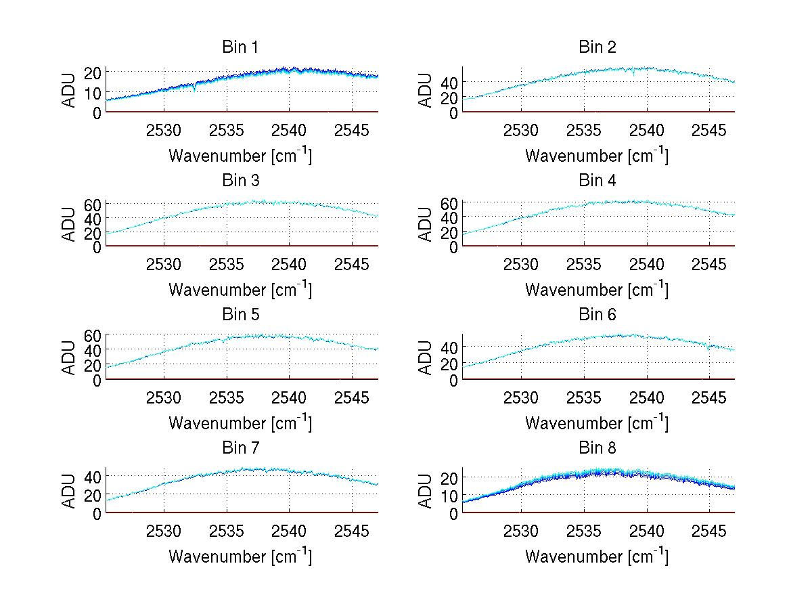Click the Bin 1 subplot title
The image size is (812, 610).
click(240, 47)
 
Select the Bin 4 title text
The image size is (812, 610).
click(597, 181)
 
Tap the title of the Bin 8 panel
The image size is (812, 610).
click(597, 448)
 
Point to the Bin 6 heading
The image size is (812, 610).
click(597, 315)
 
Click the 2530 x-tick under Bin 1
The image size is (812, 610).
click(164, 130)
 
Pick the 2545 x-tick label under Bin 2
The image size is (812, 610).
click(709, 130)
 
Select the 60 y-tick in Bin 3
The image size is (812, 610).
click(93, 204)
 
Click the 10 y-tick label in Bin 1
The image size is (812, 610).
click(93, 92)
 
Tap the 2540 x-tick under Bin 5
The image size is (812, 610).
click(290, 397)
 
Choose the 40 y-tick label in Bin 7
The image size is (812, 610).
click(93, 476)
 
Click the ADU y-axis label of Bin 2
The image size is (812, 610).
click(426, 91)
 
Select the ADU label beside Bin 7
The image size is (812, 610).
click(69, 492)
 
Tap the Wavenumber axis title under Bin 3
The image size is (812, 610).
click(240, 289)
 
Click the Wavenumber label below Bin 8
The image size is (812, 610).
click(597, 557)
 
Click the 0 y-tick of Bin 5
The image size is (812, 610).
click(97, 380)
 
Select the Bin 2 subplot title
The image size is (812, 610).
click(597, 47)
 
